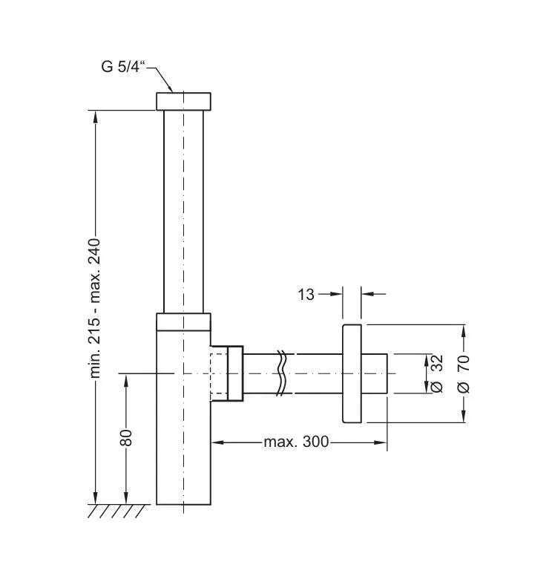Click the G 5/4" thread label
(124, 66)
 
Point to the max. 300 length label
(295, 443)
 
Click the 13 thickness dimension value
(306, 294)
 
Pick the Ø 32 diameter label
(436, 373)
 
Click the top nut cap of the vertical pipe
(183, 101)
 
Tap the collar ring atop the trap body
(183, 321)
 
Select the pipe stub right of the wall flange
(375, 373)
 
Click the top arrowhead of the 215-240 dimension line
(95, 116)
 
